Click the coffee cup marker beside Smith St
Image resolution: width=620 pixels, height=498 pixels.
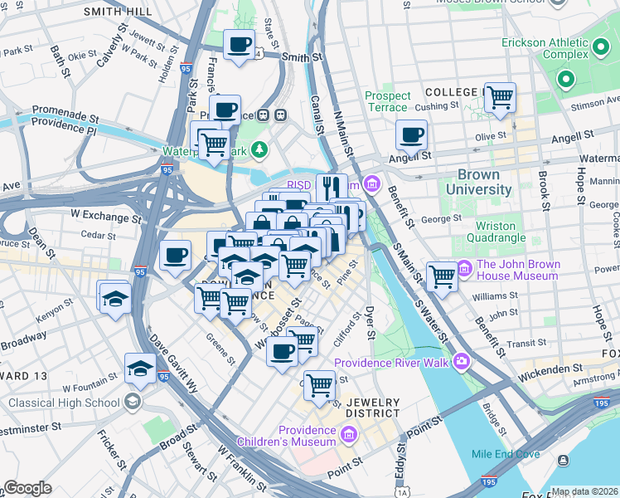(x=240, y=45)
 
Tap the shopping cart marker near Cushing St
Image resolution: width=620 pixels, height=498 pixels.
(x=500, y=97)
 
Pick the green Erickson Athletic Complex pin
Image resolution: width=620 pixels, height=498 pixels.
(x=566, y=81)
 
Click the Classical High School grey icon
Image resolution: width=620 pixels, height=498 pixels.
(x=132, y=403)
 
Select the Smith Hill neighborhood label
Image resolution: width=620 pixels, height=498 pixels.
(x=117, y=12)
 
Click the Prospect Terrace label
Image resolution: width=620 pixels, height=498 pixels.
(x=387, y=101)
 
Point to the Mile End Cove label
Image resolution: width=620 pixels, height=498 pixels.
(x=506, y=454)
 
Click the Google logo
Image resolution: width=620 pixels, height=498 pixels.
(x=27, y=487)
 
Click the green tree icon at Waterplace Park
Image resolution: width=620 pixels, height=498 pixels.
(x=260, y=149)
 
